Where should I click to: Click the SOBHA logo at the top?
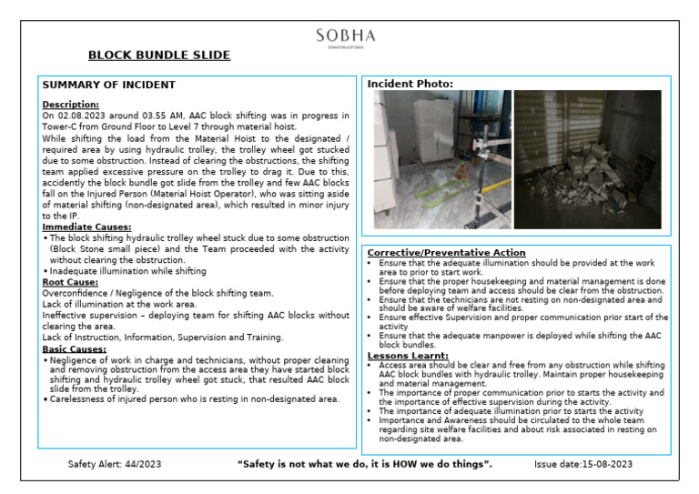345,36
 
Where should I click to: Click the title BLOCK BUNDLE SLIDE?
158,55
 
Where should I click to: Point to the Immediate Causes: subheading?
86,227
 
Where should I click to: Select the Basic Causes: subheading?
74,348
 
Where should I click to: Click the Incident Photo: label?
410,85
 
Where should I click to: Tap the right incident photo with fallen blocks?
587,158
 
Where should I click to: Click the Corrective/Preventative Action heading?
446,252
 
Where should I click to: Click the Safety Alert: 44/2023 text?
115,465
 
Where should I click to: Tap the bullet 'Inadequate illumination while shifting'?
127,271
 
